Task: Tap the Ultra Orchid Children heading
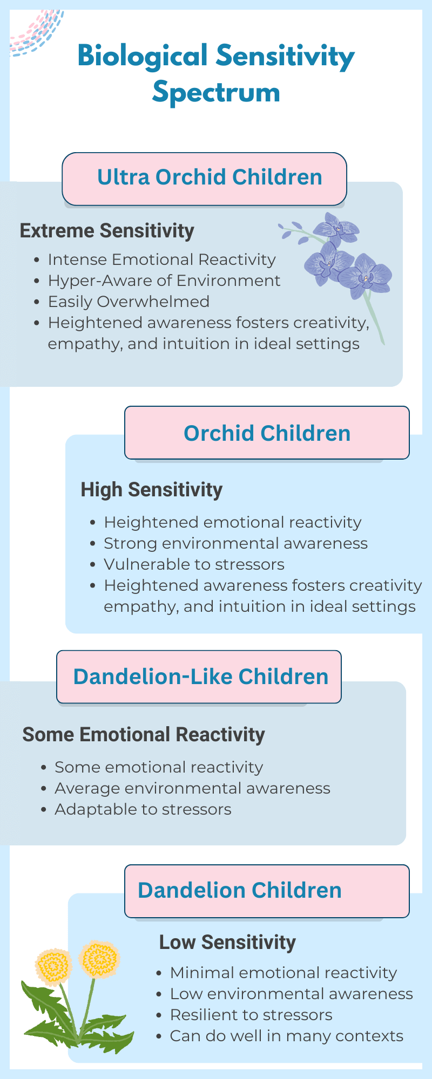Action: (210, 177)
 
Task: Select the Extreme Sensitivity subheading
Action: (107, 231)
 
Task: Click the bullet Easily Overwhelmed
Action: (129, 302)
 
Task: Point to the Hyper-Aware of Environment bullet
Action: (164, 281)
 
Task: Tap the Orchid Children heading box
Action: (267, 433)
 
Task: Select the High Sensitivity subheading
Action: (151, 490)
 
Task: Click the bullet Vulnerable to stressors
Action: (194, 564)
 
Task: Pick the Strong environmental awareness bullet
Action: (235, 543)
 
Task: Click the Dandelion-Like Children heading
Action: (200, 677)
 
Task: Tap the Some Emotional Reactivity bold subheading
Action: (144, 735)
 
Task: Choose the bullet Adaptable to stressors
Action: (143, 809)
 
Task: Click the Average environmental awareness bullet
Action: (192, 788)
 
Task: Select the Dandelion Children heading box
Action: (267, 891)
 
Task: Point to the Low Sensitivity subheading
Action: (227, 943)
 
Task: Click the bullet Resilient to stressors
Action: (251, 1015)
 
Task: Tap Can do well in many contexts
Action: (287, 1036)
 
